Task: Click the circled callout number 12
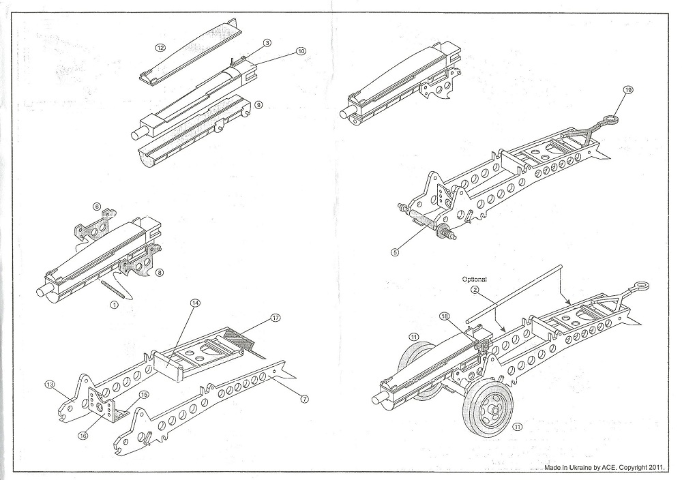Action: pyautogui.click(x=161, y=48)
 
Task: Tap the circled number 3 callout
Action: pyautogui.click(x=267, y=42)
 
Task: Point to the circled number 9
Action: pyautogui.click(x=258, y=104)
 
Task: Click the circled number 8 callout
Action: pyautogui.click(x=160, y=272)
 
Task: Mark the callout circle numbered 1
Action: pyautogui.click(x=114, y=305)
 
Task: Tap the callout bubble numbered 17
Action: pyautogui.click(x=276, y=318)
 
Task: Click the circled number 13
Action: pyautogui.click(x=48, y=384)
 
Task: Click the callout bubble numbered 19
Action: pyautogui.click(x=628, y=89)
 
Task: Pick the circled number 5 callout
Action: pyautogui.click(x=395, y=251)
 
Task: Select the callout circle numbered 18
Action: pyautogui.click(x=444, y=317)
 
